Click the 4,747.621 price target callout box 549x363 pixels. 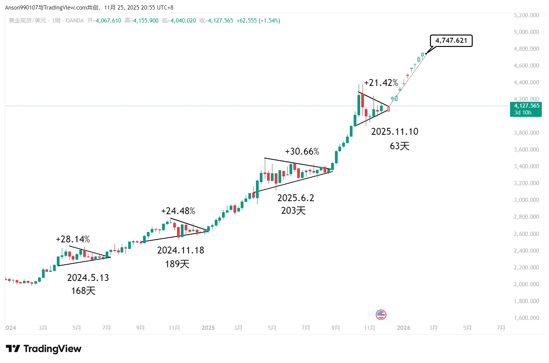pos(451,40)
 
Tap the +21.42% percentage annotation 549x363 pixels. pos(381,83)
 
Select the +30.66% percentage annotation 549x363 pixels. pos(302,152)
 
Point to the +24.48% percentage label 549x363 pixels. pos(178,211)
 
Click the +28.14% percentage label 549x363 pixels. pos(72,239)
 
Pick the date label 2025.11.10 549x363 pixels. pos(394,132)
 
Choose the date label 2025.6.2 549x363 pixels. pos(295,198)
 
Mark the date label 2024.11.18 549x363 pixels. pos(180,250)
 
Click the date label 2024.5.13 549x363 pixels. pos(88,278)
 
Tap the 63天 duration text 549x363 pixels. pos(399,146)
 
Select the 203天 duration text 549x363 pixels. pos(293,211)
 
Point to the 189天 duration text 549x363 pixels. pos(177,264)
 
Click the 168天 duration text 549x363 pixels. pos(83,291)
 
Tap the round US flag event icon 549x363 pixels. pos(381,315)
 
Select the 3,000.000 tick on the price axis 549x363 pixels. pos(526,200)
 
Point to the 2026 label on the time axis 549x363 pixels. pos(403,328)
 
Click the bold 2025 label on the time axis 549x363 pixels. pos(208,328)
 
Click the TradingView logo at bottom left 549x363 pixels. pos(43,348)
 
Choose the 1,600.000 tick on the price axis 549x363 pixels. pos(526,318)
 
